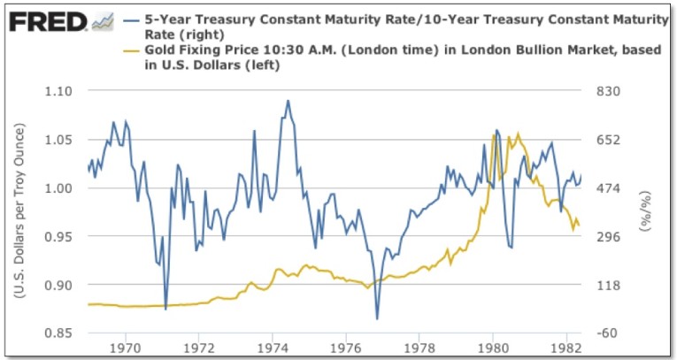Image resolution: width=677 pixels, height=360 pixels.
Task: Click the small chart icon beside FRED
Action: tap(103, 19)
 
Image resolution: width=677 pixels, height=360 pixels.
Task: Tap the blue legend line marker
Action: tap(131, 19)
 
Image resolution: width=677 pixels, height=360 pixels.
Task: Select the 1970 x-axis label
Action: tap(125, 348)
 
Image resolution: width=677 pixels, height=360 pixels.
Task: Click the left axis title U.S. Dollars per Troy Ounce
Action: tap(19, 212)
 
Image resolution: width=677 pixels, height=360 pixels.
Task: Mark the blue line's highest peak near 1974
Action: tap(288, 101)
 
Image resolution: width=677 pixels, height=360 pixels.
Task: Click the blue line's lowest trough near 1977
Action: tap(377, 318)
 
